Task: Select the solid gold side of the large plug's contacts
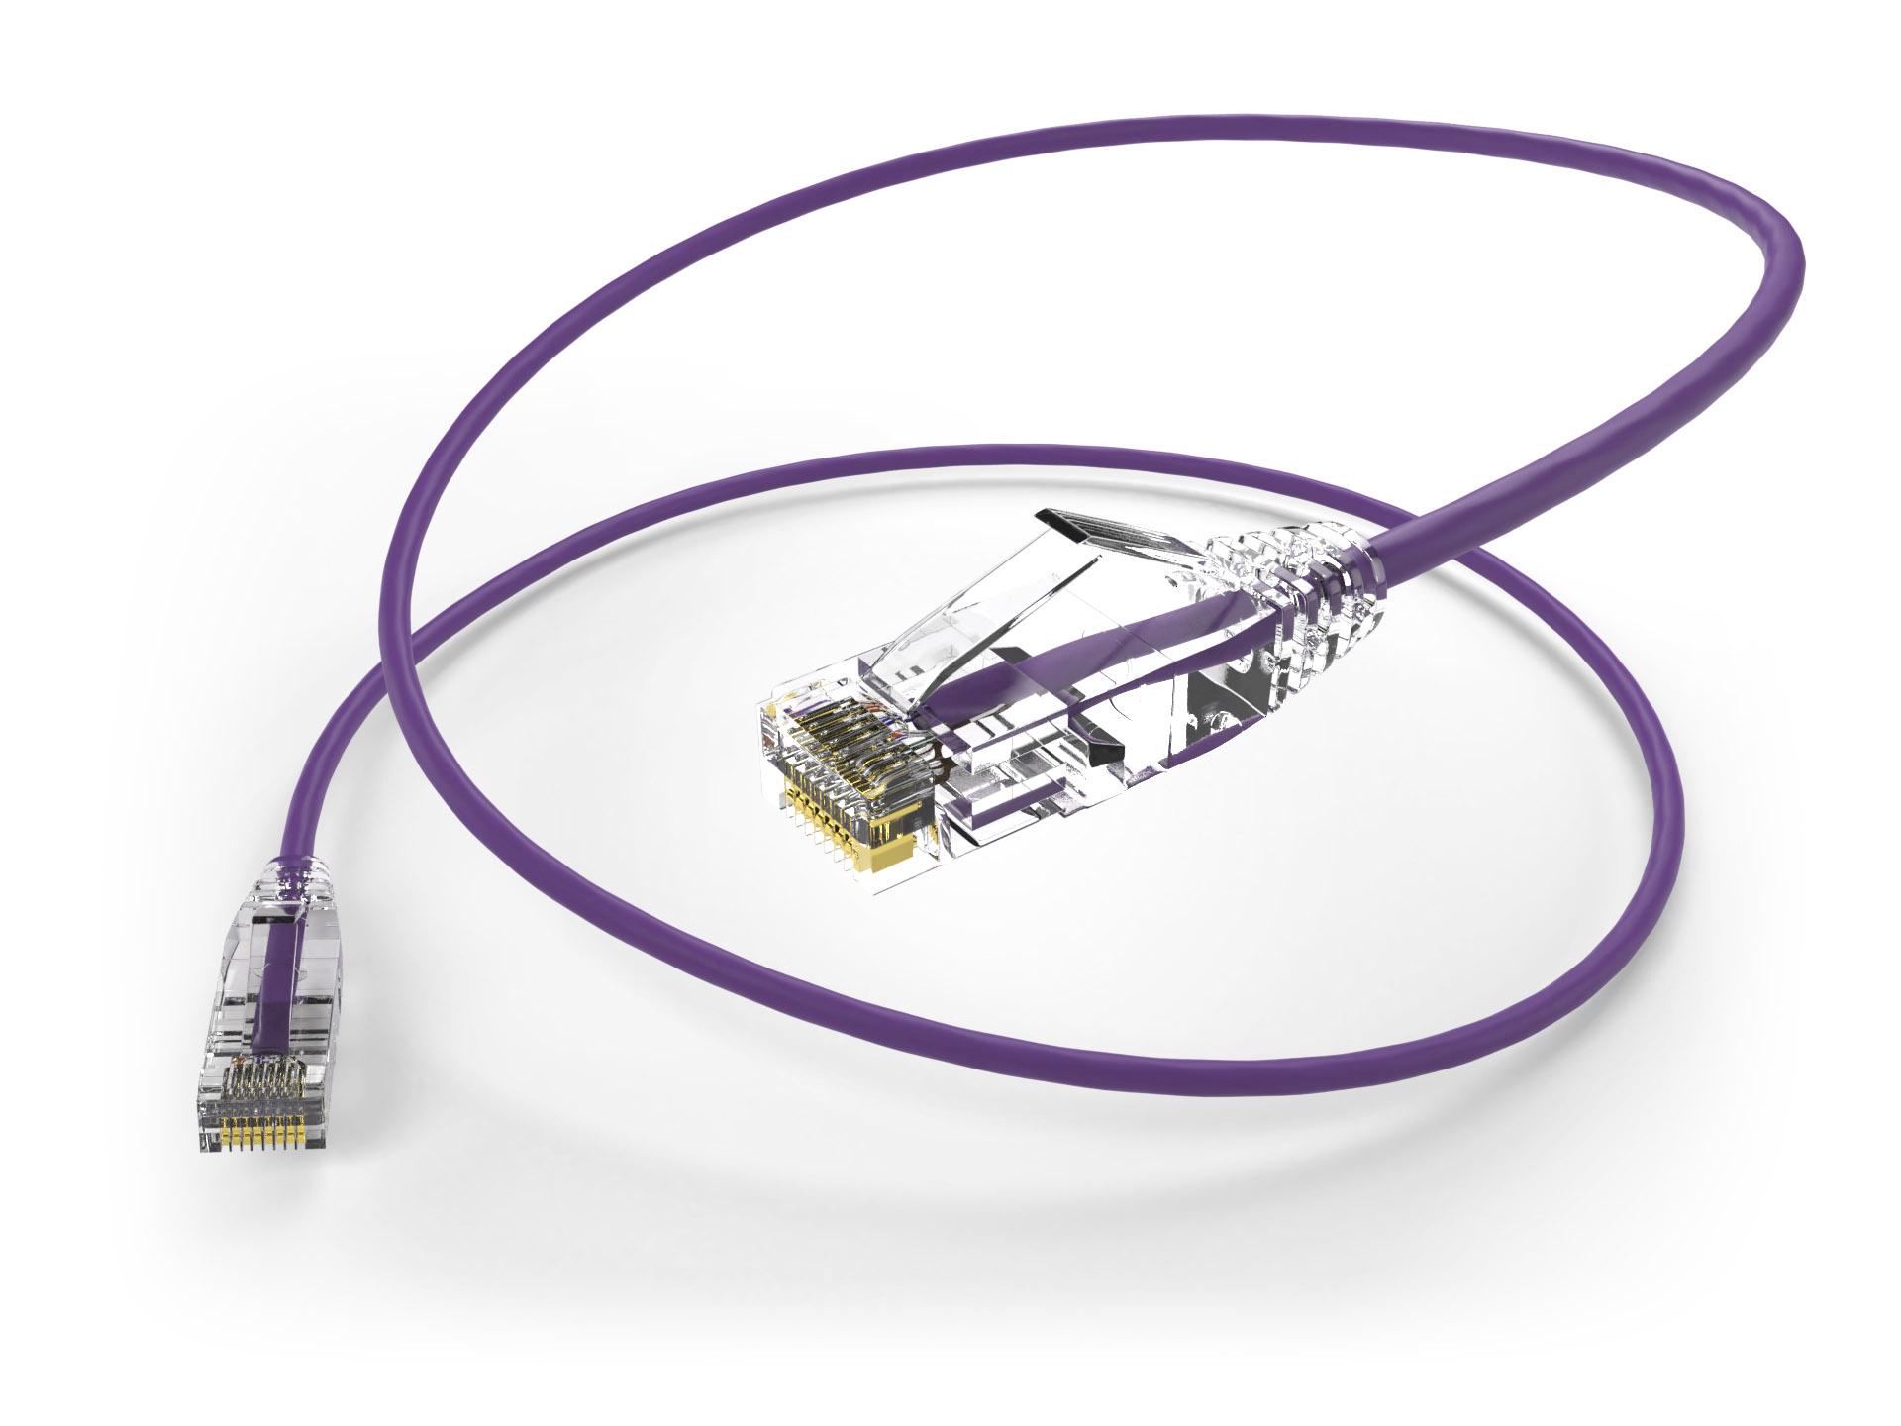(896, 848)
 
